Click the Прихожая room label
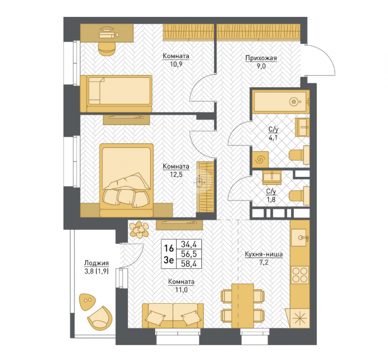click(261, 58)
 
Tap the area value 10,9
click(176, 64)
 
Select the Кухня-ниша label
click(264, 254)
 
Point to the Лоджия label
click(97, 263)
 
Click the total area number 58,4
click(189, 264)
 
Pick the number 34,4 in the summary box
click(189, 244)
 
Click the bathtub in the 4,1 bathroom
click(281, 101)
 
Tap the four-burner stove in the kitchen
click(300, 275)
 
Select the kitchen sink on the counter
click(300, 237)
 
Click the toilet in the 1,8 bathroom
click(299, 196)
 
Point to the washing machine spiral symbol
click(260, 159)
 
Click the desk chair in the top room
click(107, 49)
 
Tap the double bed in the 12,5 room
click(126, 180)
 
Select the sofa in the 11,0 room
click(173, 316)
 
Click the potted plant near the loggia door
click(139, 230)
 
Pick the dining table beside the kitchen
click(243, 306)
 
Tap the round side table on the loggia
click(87, 302)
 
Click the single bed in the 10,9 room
click(116, 94)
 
